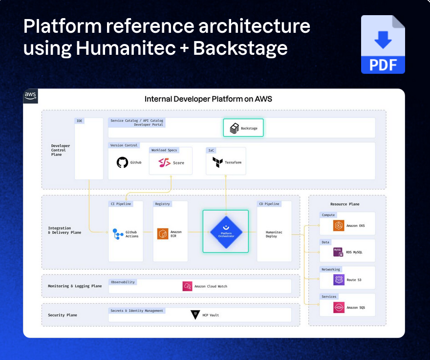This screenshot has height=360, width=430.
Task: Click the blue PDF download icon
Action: (x=383, y=45)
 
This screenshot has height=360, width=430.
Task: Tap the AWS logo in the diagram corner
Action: (x=30, y=96)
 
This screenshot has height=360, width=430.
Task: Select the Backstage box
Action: (x=243, y=128)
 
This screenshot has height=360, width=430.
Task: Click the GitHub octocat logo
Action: (x=122, y=162)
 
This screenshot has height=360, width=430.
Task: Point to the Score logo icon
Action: (x=164, y=162)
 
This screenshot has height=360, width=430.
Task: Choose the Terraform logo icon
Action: (x=215, y=162)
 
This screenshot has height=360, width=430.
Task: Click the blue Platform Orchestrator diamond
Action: (x=226, y=231)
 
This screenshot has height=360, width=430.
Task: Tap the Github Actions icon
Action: (x=118, y=234)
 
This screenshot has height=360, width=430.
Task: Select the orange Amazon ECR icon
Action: (x=162, y=234)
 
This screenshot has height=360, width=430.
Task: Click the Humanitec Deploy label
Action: (x=274, y=234)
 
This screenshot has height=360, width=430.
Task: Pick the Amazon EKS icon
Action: (x=339, y=225)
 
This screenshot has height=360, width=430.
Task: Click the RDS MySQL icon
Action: (x=339, y=252)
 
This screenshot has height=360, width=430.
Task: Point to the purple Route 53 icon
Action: (x=339, y=280)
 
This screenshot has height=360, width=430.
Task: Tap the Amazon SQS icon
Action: (x=339, y=307)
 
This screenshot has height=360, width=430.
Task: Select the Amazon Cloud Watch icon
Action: (x=187, y=286)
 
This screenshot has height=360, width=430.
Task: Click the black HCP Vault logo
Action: (x=195, y=315)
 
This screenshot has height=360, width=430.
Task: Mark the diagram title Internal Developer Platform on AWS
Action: (x=208, y=99)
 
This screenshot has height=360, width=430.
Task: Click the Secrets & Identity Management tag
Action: (x=137, y=311)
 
